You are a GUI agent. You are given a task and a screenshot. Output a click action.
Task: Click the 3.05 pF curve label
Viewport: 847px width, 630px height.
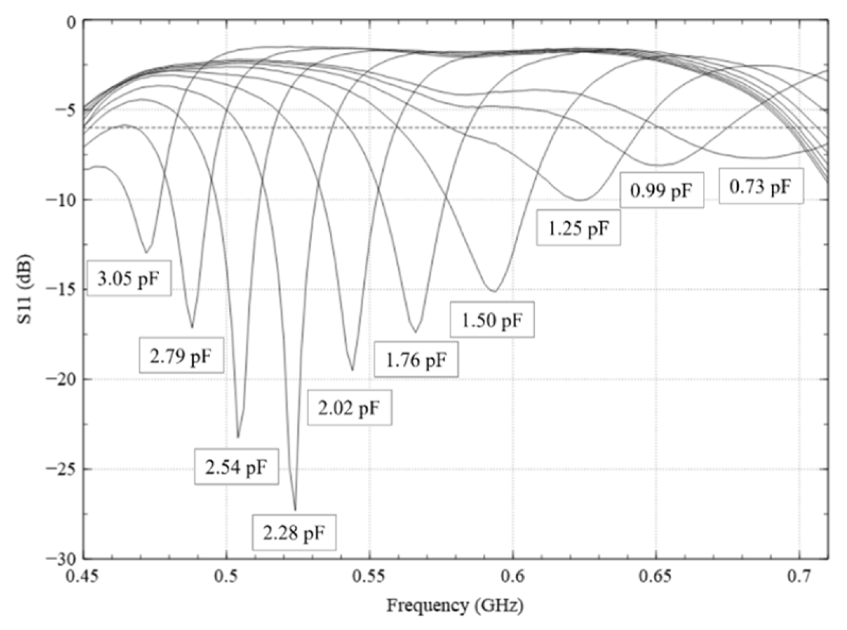pos(129,279)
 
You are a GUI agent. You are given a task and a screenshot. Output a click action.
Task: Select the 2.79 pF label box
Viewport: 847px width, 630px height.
pos(181,355)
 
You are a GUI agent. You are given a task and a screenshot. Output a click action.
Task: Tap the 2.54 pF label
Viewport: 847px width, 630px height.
pos(236,467)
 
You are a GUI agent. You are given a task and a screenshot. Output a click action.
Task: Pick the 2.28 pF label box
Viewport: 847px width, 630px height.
pos(294,532)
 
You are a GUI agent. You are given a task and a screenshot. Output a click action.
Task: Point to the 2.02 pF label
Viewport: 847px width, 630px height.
pos(350,408)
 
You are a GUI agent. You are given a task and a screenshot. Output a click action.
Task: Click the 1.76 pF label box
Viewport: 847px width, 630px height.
pos(416,359)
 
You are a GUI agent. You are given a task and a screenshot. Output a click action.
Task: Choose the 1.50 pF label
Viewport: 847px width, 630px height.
pos(492,320)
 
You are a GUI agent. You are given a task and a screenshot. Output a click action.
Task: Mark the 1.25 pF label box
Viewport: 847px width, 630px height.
pos(578,228)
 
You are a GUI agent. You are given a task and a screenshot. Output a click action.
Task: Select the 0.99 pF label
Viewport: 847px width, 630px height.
pos(661,190)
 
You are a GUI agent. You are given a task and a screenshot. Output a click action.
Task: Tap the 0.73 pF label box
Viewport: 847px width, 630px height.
pos(761,186)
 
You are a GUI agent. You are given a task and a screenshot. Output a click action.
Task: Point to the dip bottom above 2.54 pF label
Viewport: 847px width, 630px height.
pos(238,437)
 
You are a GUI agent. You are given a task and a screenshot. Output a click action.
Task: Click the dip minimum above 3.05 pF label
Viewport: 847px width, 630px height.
pos(146,252)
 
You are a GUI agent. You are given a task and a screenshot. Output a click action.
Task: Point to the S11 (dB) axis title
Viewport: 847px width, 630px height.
pos(25,289)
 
